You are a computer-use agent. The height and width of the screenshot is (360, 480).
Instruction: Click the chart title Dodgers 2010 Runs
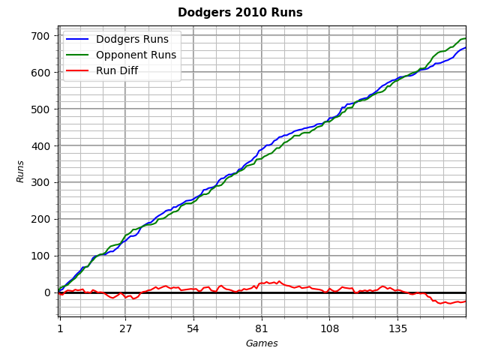[240, 13]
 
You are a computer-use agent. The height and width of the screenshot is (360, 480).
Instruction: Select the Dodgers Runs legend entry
[132, 39]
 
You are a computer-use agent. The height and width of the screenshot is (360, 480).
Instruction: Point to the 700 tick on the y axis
[40, 36]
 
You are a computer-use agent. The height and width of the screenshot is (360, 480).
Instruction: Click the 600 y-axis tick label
[40, 73]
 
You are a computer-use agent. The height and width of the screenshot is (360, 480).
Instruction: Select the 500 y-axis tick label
[40, 109]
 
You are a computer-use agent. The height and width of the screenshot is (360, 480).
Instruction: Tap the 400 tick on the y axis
[40, 146]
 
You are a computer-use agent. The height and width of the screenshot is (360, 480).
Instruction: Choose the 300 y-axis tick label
[40, 182]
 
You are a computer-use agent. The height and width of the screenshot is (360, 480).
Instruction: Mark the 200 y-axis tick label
[40, 219]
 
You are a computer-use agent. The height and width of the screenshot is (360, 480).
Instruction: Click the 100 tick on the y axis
[40, 256]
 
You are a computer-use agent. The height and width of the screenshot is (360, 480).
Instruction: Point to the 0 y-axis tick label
[46, 292]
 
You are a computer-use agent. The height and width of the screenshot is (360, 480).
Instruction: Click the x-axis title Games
[262, 343]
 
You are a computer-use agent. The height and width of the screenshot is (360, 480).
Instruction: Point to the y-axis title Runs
[21, 171]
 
